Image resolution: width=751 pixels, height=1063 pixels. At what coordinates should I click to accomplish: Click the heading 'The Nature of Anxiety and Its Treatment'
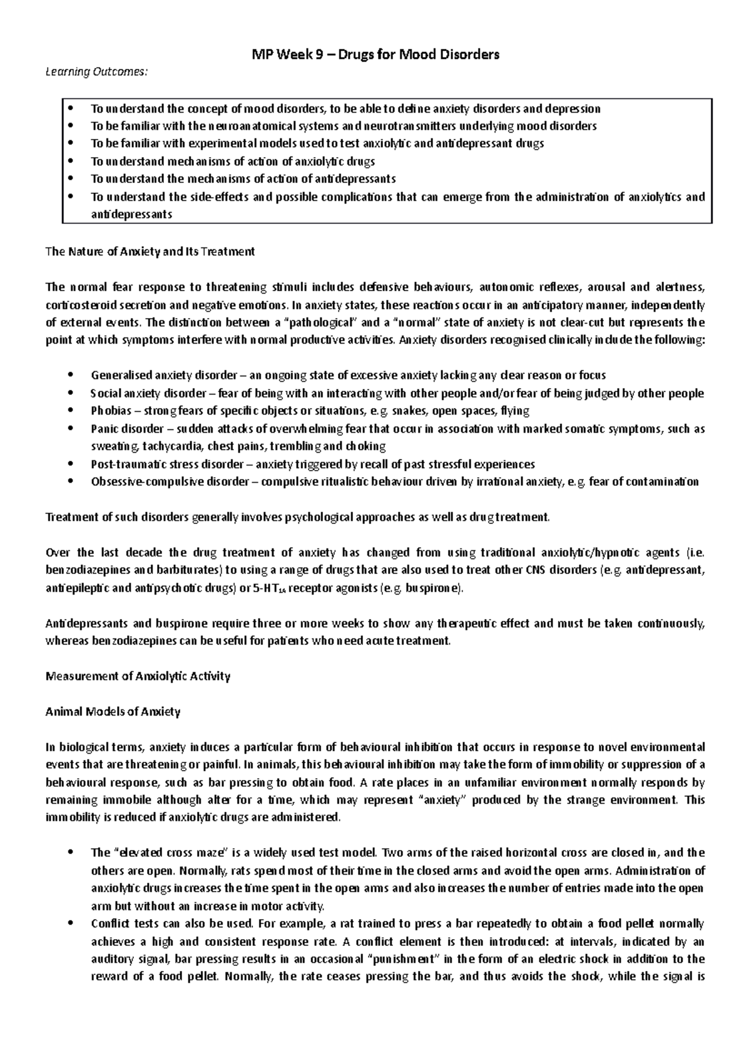pos(150,252)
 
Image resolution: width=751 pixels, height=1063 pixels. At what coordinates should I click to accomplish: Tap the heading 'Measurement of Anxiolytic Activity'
pos(138,676)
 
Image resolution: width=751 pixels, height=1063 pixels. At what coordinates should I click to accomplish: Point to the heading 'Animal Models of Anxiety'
pos(113,712)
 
